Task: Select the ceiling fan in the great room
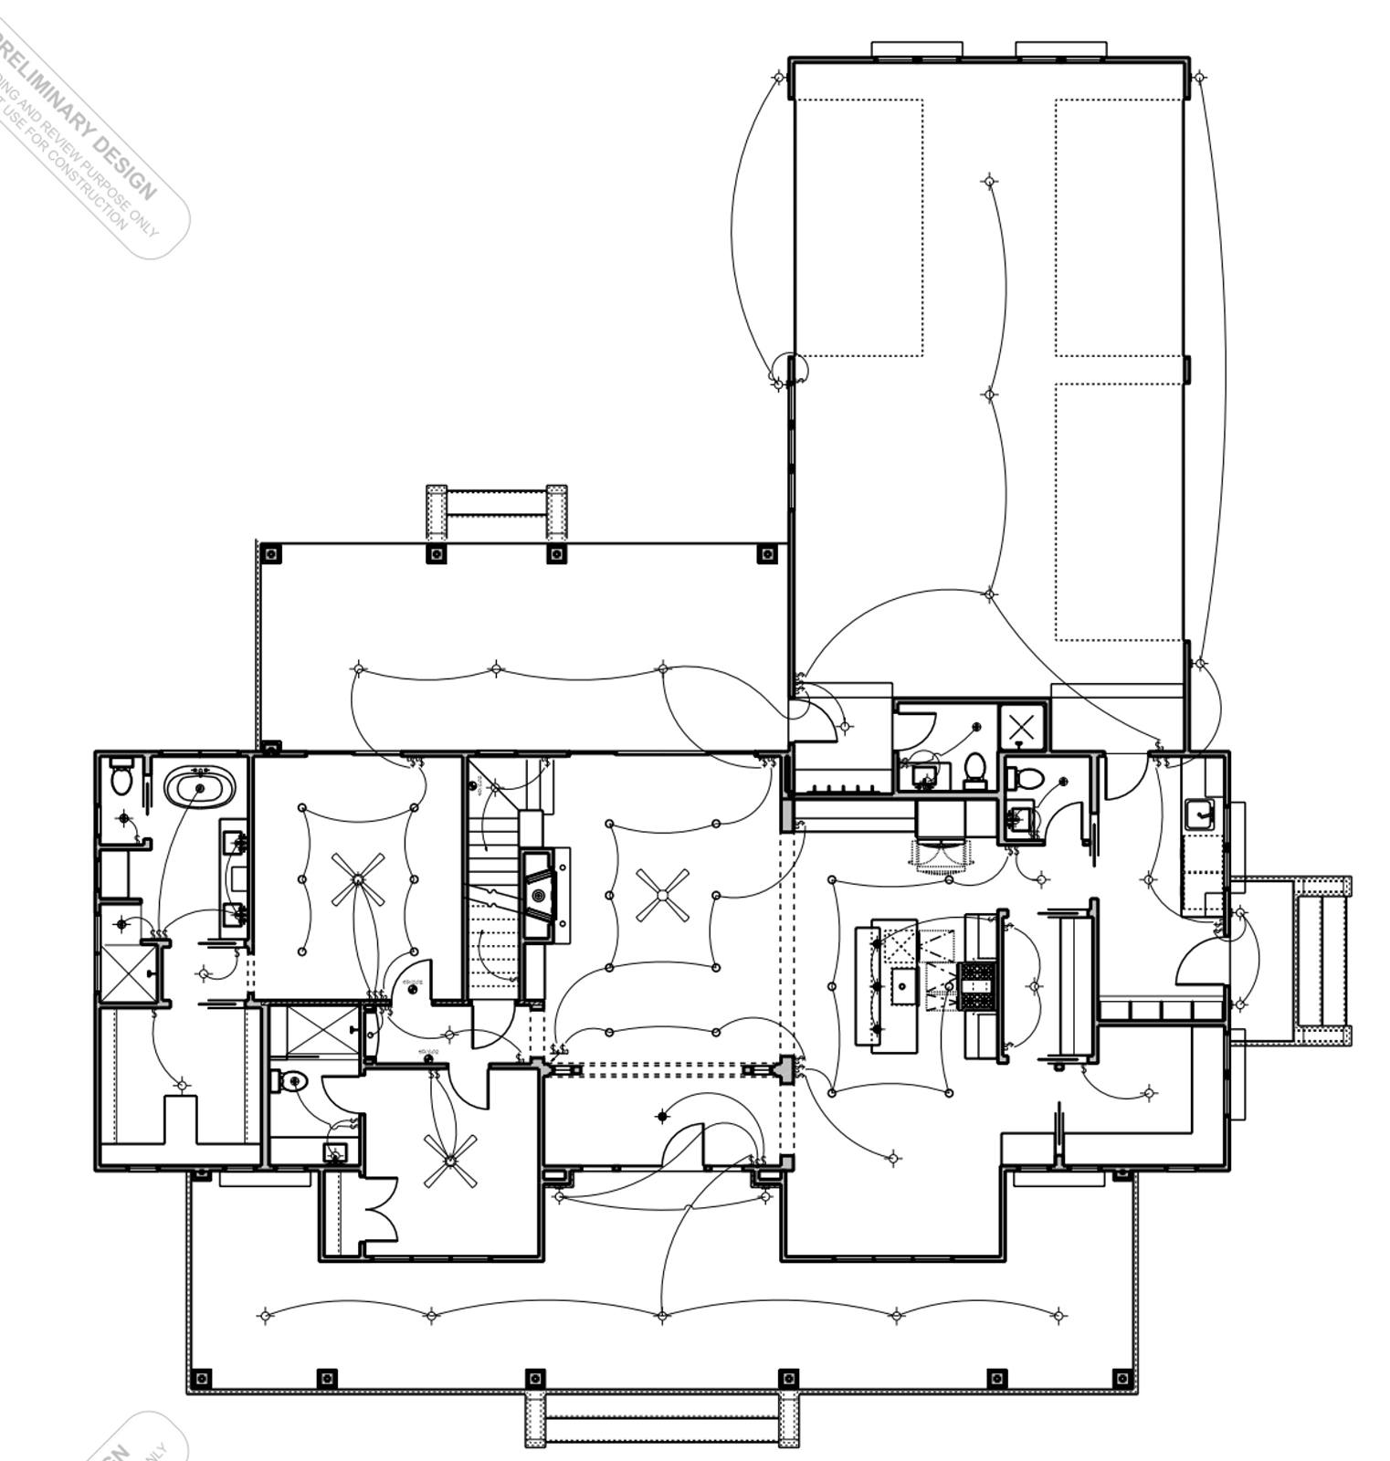(x=662, y=895)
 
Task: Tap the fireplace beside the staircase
(x=541, y=895)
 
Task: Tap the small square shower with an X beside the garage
(x=1022, y=727)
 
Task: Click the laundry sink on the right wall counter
(x=1199, y=813)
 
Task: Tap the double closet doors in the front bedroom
(x=382, y=1208)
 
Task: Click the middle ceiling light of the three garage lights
(x=990, y=394)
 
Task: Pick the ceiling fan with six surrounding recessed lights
(x=358, y=879)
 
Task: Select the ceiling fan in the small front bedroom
(x=450, y=1161)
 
